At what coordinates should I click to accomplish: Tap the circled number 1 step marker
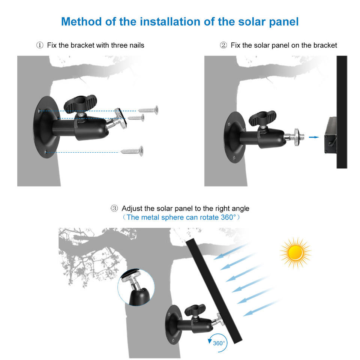[40, 45]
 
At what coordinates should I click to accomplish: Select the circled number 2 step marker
[223, 45]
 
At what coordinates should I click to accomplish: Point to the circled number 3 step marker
[114, 208]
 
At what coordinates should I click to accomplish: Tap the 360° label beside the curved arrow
[219, 343]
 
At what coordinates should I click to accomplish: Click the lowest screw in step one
[132, 151]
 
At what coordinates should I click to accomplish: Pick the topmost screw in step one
[148, 110]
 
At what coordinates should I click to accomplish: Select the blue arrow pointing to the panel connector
[313, 137]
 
